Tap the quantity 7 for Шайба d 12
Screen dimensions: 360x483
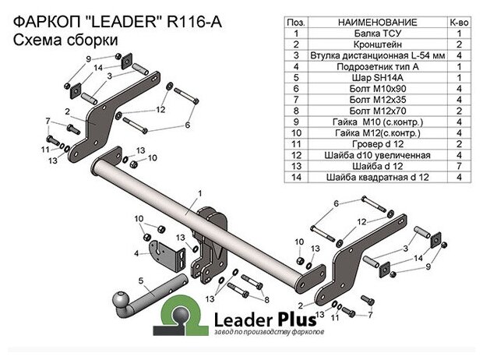[x=459, y=167]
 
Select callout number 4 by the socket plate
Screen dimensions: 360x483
[x=136, y=254]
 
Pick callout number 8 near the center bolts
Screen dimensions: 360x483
[x=266, y=299]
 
